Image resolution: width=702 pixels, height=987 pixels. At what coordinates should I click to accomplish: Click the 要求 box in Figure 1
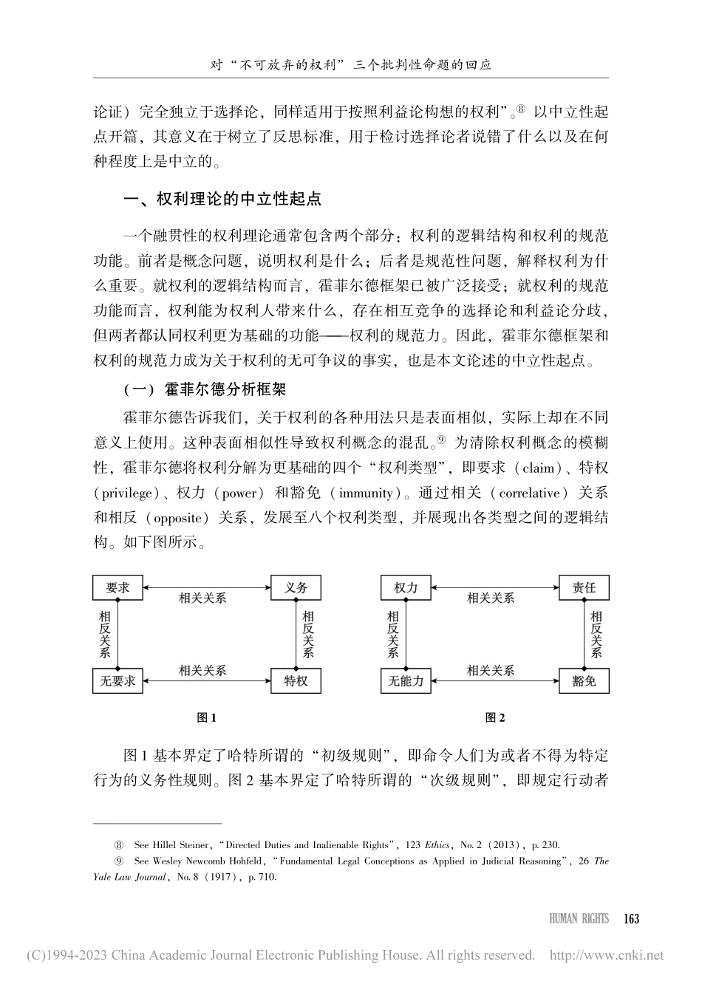(117, 588)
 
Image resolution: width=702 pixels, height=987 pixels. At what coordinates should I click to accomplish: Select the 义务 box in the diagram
(296, 588)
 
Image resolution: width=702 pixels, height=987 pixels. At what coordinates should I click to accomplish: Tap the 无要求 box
(117, 681)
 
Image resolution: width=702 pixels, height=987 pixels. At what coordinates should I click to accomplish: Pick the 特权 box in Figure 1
(296, 681)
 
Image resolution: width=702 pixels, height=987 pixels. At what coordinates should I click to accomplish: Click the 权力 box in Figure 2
(406, 588)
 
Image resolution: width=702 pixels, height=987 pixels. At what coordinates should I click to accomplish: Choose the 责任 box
(584, 588)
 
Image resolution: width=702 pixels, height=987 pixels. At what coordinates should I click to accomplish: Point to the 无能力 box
(406, 681)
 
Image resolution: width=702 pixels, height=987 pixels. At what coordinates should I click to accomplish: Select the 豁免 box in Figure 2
(584, 681)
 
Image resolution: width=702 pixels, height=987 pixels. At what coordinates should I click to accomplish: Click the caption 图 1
(205, 717)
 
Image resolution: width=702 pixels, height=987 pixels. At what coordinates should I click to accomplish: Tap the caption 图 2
(494, 717)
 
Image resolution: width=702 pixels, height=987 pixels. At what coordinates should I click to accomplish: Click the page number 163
(631, 919)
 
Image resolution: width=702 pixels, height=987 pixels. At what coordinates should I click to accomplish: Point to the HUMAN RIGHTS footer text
(579, 919)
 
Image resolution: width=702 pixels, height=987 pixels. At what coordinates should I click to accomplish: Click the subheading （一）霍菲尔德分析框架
(208, 389)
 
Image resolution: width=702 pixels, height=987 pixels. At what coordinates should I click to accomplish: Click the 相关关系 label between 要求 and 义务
(202, 598)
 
